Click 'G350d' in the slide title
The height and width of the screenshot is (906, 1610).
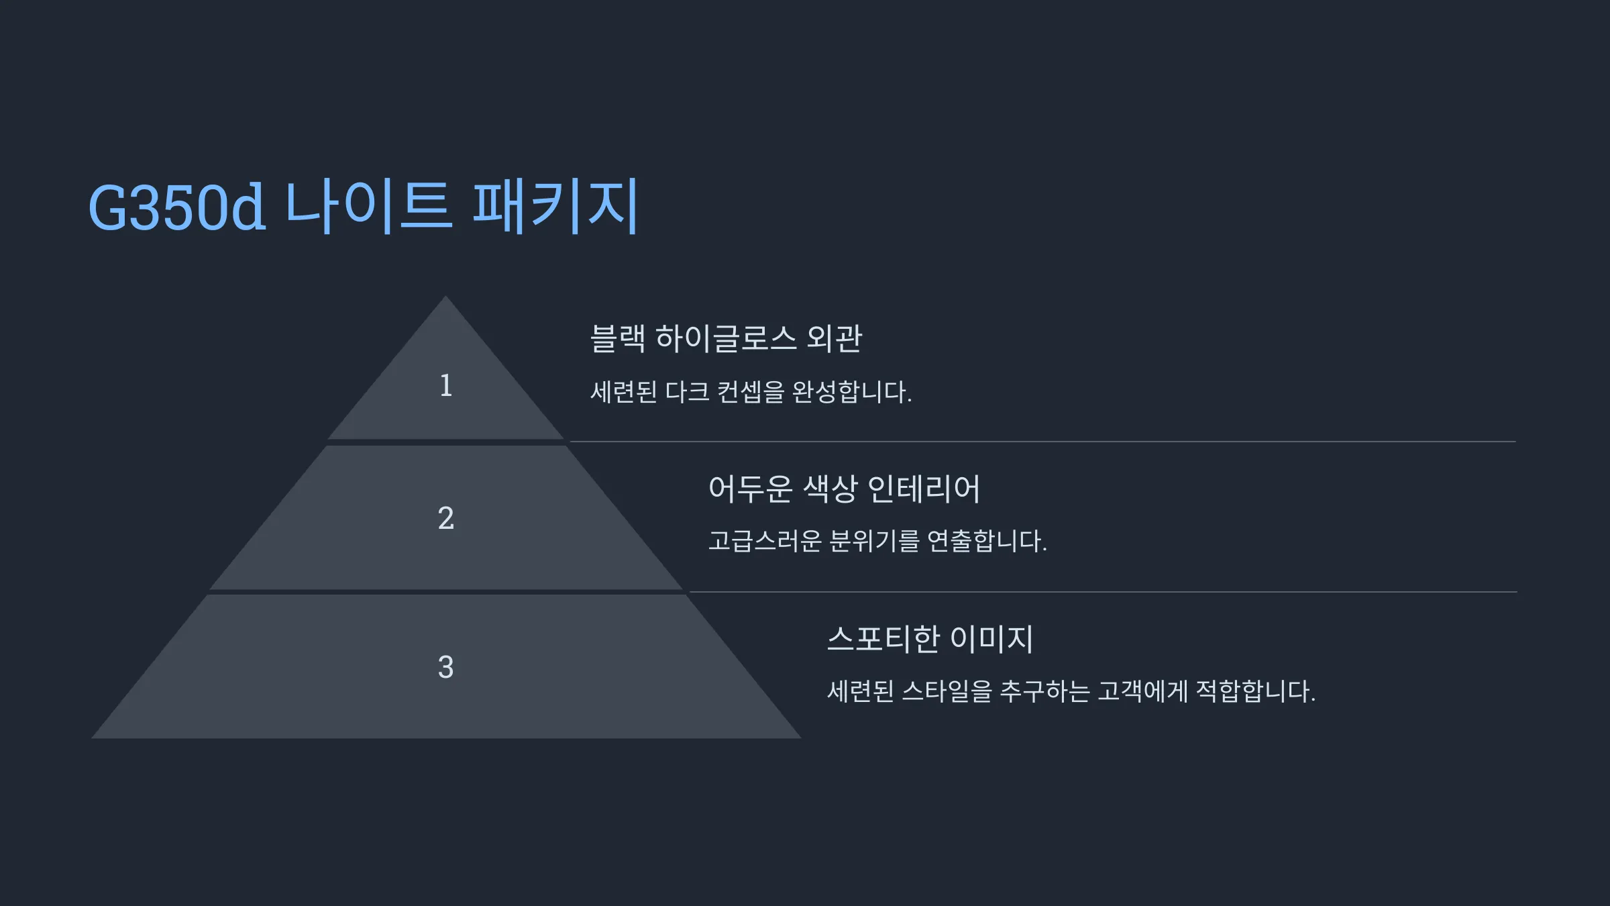coord(177,208)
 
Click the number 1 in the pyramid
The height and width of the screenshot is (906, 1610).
coord(446,386)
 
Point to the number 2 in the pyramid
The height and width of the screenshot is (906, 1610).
coord(446,518)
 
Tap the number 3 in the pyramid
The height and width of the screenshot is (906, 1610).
coord(446,668)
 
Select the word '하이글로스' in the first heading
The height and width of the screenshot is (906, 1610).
coord(726,338)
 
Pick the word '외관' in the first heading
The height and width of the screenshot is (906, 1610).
coord(835,338)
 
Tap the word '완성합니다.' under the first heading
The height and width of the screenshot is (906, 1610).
coord(852,392)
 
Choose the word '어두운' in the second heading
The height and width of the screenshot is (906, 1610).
coord(750,489)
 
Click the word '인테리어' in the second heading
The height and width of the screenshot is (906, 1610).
coord(924,489)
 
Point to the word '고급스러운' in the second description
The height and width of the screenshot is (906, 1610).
coord(765,541)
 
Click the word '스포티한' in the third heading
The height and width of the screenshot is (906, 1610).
coord(883,639)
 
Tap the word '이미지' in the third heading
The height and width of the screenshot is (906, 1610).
coord(992,639)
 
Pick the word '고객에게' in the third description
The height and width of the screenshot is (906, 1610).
coord(1142,691)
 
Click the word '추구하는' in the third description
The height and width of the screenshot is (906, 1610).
coord(1044,691)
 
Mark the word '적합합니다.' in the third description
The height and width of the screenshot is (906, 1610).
coord(1256,691)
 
